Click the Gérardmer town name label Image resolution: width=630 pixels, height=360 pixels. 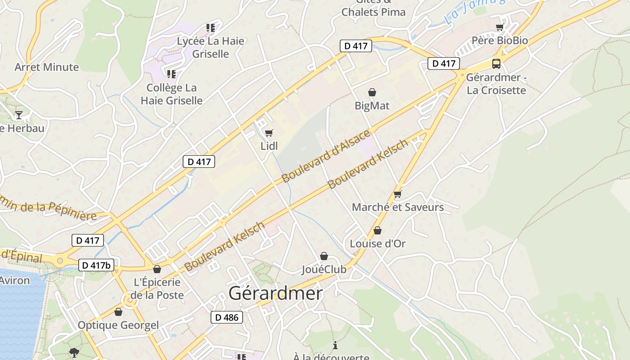(x=275, y=293)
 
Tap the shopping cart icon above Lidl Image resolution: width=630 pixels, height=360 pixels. (x=269, y=133)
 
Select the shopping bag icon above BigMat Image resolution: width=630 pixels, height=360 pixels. (x=372, y=92)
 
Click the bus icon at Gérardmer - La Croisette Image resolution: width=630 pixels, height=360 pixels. (x=496, y=63)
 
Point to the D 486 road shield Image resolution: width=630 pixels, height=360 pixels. (x=227, y=317)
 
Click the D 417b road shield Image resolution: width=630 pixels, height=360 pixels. (x=96, y=265)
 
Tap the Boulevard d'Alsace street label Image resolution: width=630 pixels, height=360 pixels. (x=326, y=156)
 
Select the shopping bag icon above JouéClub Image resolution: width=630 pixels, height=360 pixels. (x=324, y=256)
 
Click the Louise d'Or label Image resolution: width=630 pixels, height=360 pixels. (x=378, y=243)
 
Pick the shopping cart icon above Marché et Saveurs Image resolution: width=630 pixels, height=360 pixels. (x=397, y=194)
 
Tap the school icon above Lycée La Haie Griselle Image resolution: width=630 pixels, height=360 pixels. (x=210, y=28)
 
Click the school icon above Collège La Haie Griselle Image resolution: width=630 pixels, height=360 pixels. (x=171, y=74)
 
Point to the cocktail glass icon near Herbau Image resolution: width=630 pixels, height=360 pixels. (x=19, y=115)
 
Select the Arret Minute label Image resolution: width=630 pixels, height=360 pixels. (x=46, y=67)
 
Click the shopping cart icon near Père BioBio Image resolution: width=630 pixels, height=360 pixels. (x=499, y=27)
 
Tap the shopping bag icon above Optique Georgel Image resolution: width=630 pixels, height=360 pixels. (x=118, y=312)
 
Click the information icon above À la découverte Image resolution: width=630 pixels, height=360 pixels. (x=335, y=345)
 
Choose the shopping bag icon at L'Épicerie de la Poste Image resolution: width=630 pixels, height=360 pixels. (x=157, y=269)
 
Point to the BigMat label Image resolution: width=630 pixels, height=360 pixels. (x=372, y=106)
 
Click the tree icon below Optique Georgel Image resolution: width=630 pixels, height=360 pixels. (x=74, y=352)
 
